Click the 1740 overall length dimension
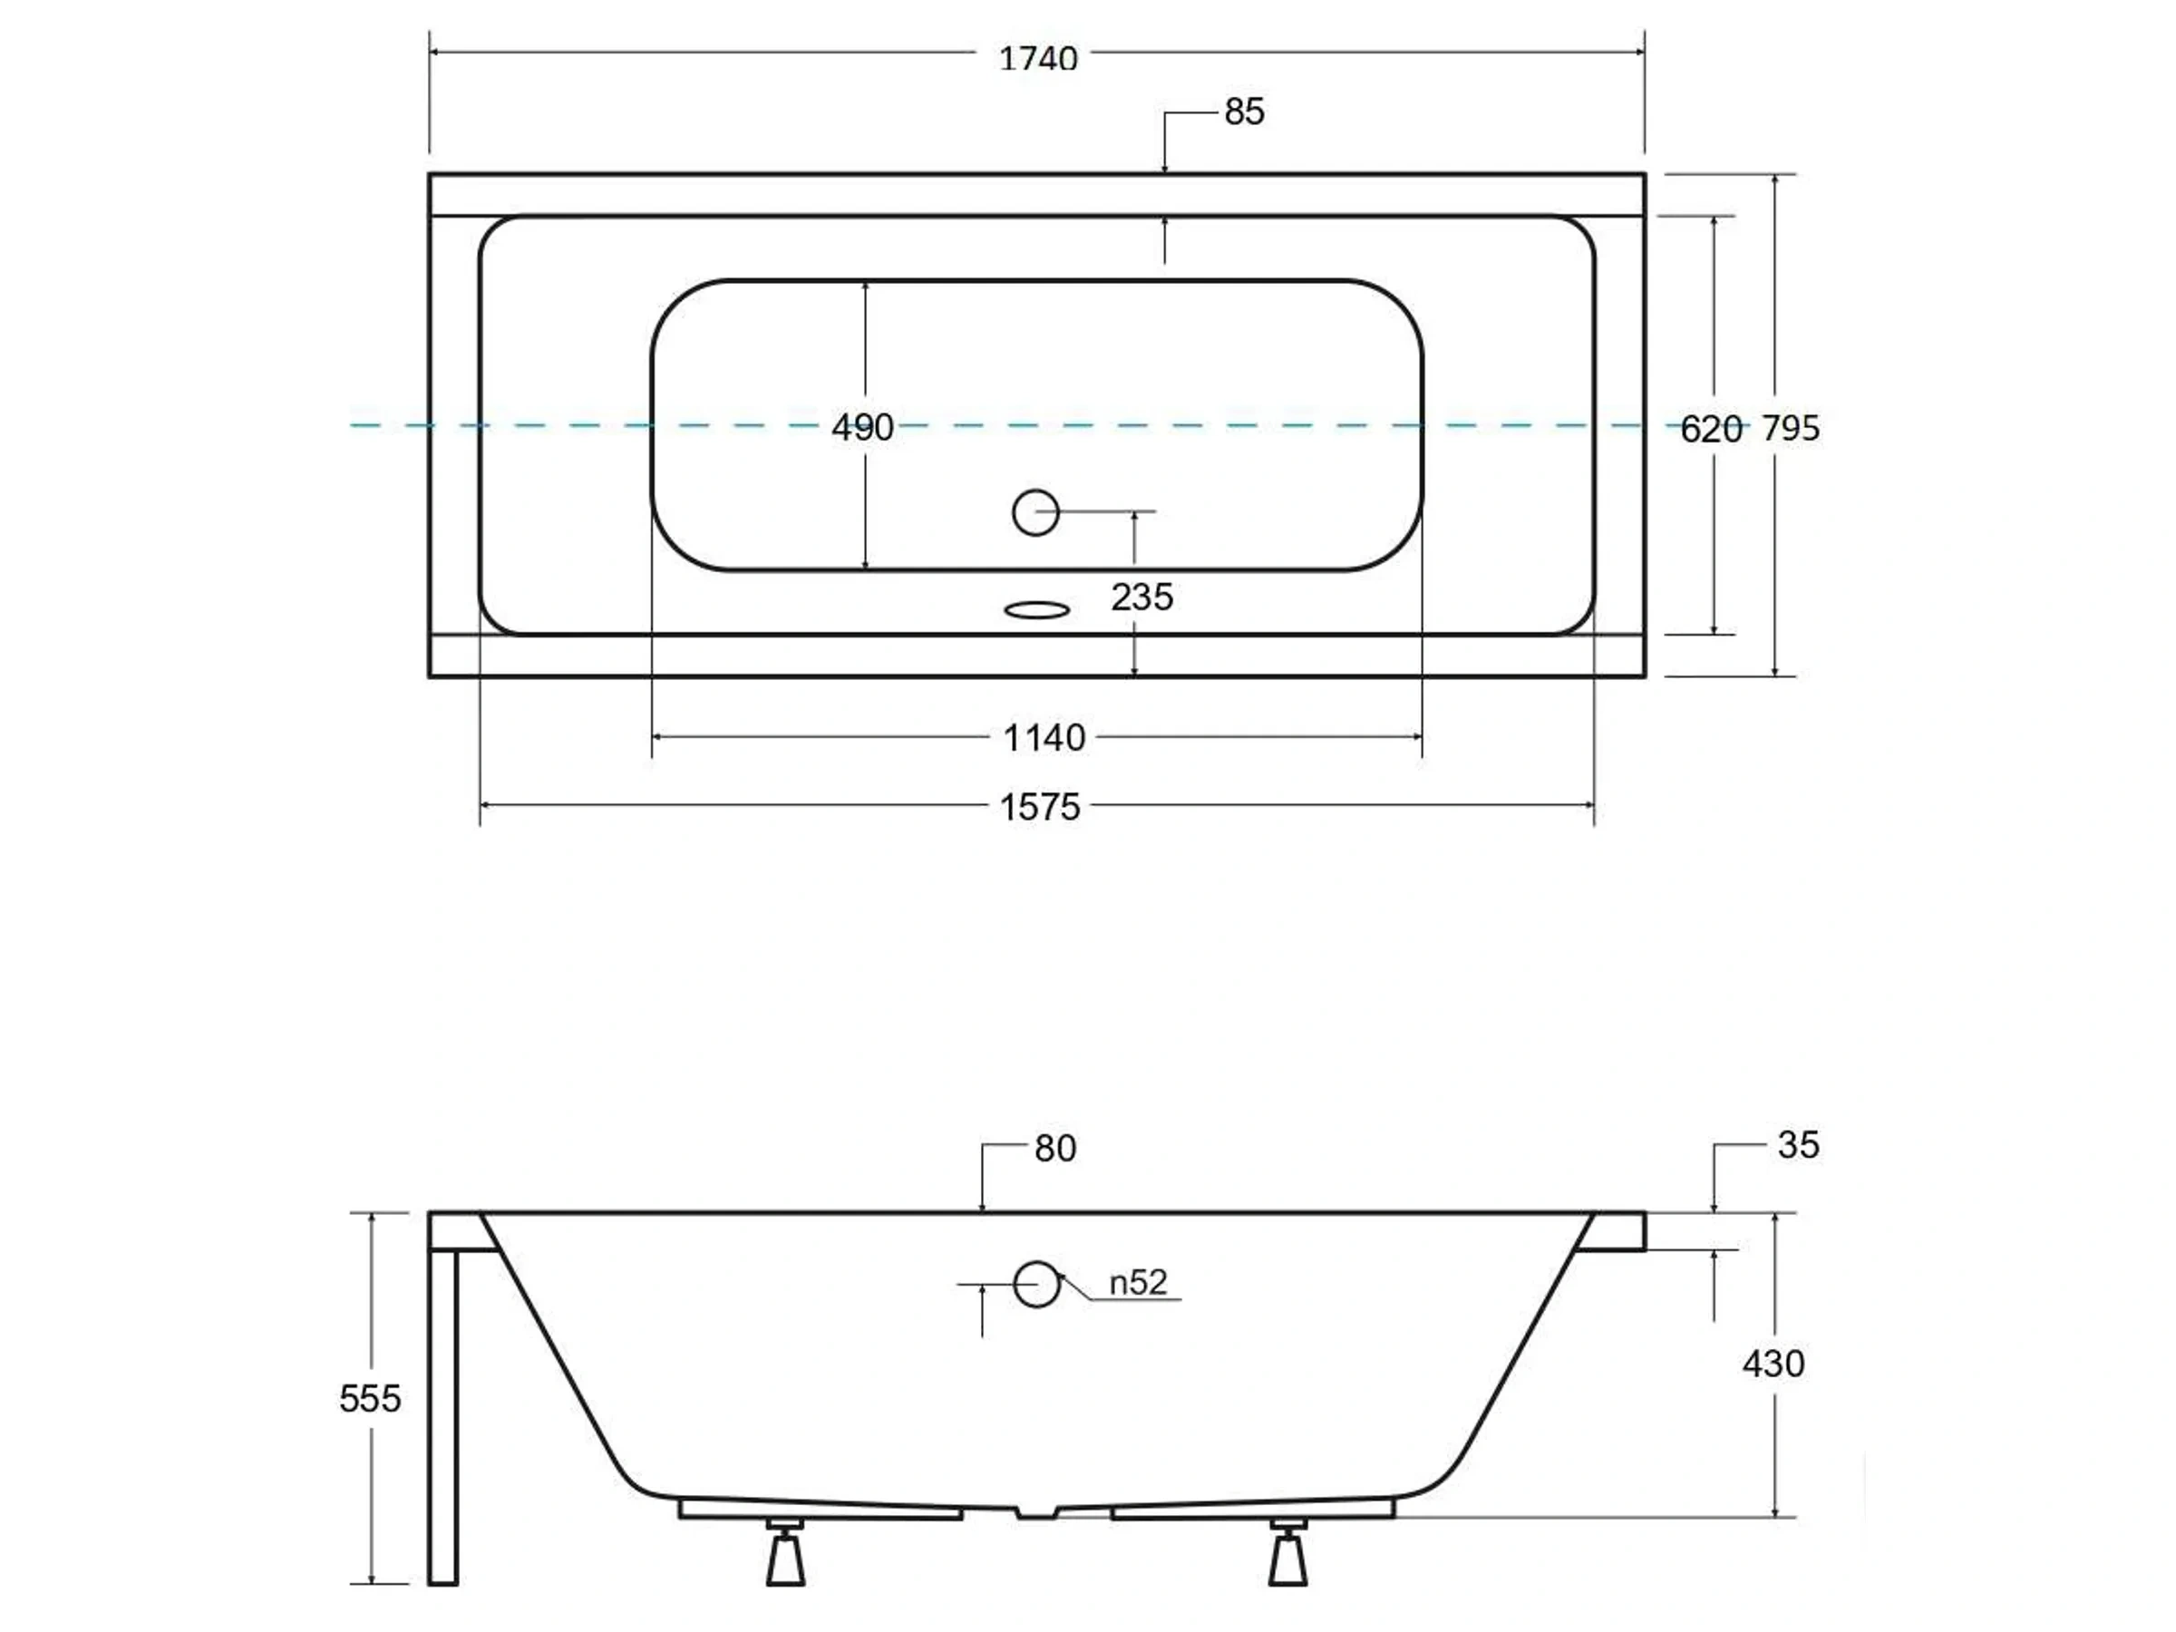point(1038,59)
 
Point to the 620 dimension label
point(1711,429)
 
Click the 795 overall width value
point(1791,428)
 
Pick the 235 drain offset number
point(1141,597)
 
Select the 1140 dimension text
point(1044,738)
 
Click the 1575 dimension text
point(1040,808)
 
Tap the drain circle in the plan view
point(1035,512)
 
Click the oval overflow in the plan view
point(1037,611)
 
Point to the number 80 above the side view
point(1054,1148)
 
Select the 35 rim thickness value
point(1798,1145)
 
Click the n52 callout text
point(1138,1283)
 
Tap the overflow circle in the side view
point(1035,1284)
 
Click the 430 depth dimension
point(1773,1364)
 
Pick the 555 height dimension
point(370,1398)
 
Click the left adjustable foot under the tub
point(785,1554)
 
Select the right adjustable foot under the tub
point(1287,1554)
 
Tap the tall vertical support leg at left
point(443,1416)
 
